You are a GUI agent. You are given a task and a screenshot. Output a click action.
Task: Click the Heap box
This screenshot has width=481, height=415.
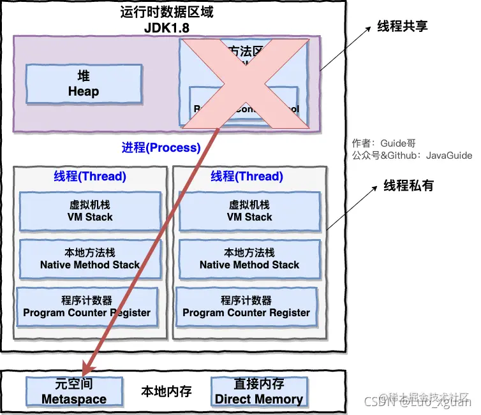click(x=84, y=84)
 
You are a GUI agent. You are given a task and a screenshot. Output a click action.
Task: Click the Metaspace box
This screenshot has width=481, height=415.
click(x=74, y=391)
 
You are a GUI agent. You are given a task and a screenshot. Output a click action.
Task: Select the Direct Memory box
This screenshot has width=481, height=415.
click(x=259, y=391)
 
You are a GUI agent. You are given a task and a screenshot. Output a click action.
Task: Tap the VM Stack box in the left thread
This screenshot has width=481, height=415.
click(x=90, y=211)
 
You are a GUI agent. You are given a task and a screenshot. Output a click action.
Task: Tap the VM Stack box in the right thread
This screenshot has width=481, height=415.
click(x=249, y=211)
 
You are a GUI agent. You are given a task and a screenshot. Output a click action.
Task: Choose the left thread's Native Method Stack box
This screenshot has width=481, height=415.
click(x=90, y=259)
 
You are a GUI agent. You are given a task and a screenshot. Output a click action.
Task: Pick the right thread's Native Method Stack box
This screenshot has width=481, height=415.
click(x=249, y=259)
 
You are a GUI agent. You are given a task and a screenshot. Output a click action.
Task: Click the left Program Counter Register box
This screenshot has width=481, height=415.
click(x=87, y=307)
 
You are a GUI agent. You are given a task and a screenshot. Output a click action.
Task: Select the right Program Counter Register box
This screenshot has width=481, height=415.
click(x=246, y=307)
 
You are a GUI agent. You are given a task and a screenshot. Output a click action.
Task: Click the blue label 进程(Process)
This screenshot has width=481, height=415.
click(x=161, y=148)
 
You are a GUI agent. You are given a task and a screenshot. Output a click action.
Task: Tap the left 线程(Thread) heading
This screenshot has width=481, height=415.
click(x=90, y=177)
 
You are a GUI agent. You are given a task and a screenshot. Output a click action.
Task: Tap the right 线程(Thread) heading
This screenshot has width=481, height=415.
click(x=247, y=177)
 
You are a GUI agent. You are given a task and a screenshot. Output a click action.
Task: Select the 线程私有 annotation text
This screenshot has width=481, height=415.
click(x=408, y=186)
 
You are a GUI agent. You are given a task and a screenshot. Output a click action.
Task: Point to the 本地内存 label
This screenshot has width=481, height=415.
click(x=166, y=391)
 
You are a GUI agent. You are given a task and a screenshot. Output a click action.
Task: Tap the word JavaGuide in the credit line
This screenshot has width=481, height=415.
click(x=449, y=155)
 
